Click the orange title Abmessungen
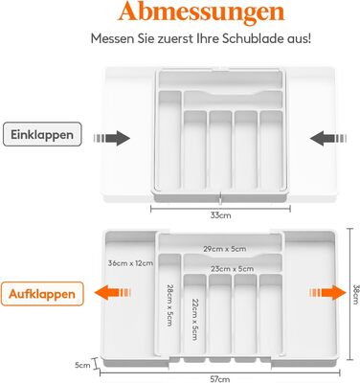(201, 12)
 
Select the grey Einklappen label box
(42, 134)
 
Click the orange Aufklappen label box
(42, 294)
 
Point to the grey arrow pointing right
(112, 138)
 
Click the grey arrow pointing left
(328, 138)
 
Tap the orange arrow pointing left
(112, 293)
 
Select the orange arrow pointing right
(327, 293)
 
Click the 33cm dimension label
(220, 215)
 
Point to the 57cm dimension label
(220, 379)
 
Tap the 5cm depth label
(82, 365)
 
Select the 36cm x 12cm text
(130, 263)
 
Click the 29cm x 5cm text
(225, 249)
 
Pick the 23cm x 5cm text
(233, 269)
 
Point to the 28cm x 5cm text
(169, 305)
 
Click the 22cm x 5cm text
(194, 319)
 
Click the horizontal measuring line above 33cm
(220, 209)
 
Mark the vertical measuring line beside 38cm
(350, 294)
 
